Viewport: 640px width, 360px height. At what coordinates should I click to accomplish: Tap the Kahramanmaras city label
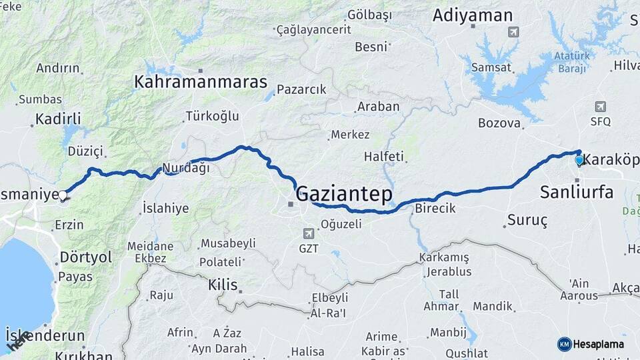[201, 82]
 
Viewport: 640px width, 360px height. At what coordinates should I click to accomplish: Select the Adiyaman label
[473, 15]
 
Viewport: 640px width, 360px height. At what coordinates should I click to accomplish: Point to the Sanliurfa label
[576, 193]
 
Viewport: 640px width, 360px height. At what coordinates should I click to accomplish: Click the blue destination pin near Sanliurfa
[579, 160]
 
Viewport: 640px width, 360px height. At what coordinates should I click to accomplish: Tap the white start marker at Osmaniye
[63, 195]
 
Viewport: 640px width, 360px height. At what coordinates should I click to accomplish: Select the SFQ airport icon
[600, 107]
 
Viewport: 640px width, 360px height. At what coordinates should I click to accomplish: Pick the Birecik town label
[435, 208]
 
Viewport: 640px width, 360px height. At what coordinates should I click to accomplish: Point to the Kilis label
[223, 285]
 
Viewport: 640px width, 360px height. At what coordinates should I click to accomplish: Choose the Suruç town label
[527, 219]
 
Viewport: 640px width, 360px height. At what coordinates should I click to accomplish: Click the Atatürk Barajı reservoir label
[572, 63]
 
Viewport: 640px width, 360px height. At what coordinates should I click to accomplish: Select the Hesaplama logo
[593, 344]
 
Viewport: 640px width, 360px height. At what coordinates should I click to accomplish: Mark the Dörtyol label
[86, 257]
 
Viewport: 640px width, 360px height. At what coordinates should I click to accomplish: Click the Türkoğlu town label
[211, 116]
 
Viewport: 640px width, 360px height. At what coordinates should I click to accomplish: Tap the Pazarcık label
[301, 89]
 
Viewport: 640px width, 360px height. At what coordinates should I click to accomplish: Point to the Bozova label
[499, 123]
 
